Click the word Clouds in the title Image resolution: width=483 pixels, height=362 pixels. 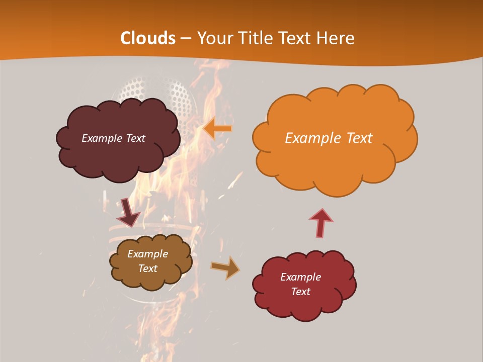(148, 38)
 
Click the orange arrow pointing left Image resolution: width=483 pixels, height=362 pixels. (218, 129)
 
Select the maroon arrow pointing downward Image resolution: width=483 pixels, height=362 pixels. (128, 212)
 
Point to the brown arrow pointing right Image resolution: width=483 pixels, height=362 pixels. (225, 267)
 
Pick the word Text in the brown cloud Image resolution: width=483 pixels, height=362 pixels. (147, 268)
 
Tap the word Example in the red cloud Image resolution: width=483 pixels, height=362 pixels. (300, 277)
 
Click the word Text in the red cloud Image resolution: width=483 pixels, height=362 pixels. (300, 292)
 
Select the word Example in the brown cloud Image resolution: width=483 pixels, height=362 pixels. (147, 254)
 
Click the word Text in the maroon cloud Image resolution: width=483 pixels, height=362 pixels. (135, 138)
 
